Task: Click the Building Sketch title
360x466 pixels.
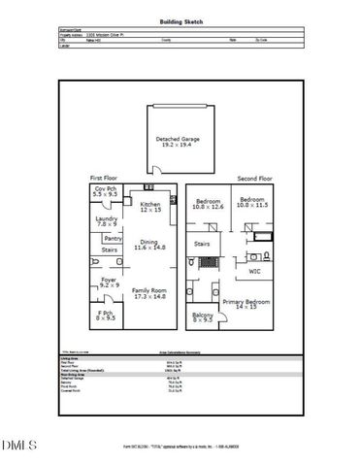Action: pyautogui.click(x=180, y=19)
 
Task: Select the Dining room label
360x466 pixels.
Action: pyautogui.click(x=149, y=245)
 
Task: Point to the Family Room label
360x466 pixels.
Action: pyautogui.click(x=148, y=293)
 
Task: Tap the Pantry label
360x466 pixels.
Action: pyautogui.click(x=113, y=238)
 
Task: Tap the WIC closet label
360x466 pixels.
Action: pyautogui.click(x=255, y=271)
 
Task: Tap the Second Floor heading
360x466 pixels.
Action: pyautogui.click(x=255, y=179)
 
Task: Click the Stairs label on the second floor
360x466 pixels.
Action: pyautogui.click(x=202, y=244)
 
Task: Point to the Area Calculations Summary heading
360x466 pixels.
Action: pyautogui.click(x=180, y=353)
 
